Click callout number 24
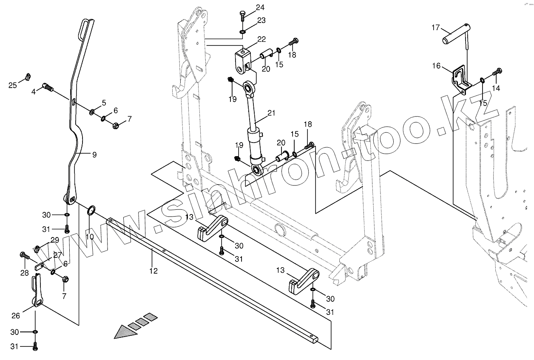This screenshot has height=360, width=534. click(x=260, y=7)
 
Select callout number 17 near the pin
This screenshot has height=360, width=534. click(x=436, y=28)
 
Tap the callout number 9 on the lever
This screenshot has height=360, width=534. click(x=94, y=155)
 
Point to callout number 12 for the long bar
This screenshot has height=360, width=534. click(x=153, y=271)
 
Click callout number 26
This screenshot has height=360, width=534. click(x=16, y=316)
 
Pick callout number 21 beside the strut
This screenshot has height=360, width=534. click(x=272, y=113)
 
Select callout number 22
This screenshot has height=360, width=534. click(x=261, y=40)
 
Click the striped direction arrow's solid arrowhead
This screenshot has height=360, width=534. click(x=123, y=331)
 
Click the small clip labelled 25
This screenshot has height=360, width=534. click(x=28, y=77)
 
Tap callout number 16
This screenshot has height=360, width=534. click(x=437, y=66)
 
